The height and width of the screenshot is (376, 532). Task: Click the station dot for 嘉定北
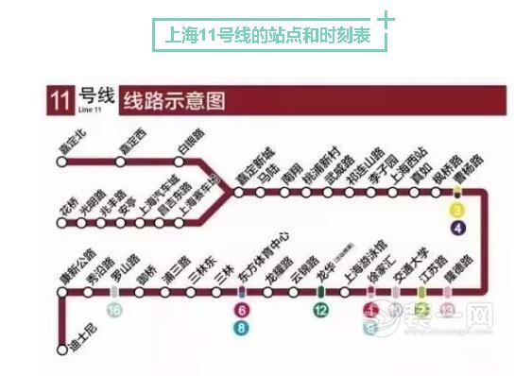click(62, 162)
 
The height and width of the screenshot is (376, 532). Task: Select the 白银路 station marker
click(180, 162)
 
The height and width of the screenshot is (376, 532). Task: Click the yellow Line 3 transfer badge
click(458, 210)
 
